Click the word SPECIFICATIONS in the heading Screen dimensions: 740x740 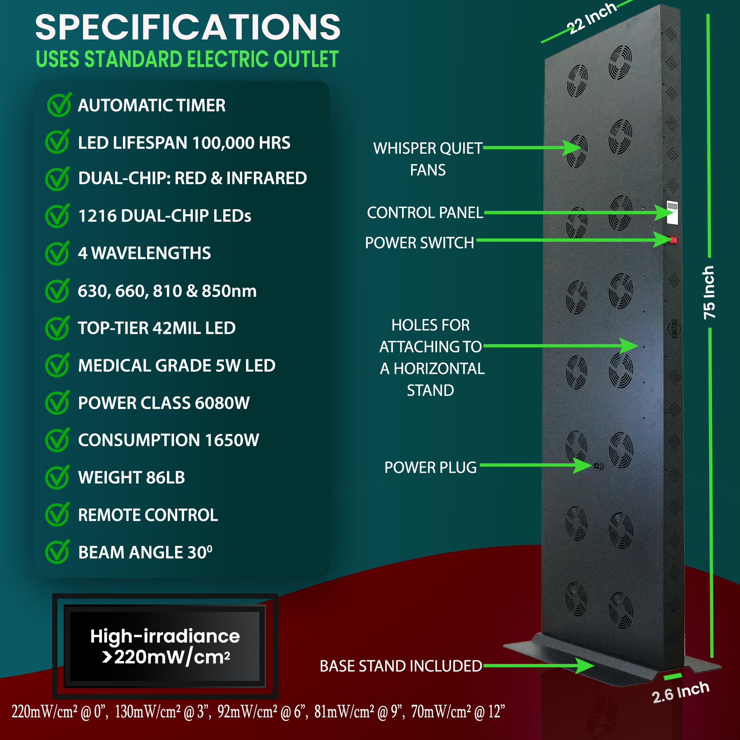(188, 28)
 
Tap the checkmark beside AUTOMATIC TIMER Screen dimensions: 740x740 (59, 105)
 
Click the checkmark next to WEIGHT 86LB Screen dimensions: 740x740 (57, 478)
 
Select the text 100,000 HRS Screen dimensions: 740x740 (241, 143)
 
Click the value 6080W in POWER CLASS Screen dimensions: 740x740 (222, 403)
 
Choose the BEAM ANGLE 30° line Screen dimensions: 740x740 (145, 552)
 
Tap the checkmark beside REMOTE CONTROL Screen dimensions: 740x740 (57, 515)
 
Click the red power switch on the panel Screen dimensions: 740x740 (673, 240)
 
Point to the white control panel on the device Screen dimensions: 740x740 (672, 212)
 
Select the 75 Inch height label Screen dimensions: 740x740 (709, 292)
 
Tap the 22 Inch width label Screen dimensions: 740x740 (592, 18)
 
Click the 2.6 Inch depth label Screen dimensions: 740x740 (681, 692)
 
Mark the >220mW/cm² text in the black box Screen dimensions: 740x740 (166, 657)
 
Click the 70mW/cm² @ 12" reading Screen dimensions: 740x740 (458, 712)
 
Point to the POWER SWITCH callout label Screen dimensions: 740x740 (419, 243)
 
